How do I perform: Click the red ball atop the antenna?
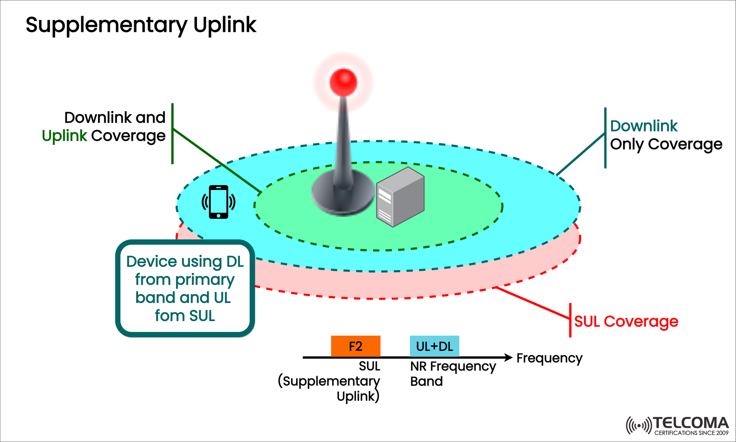pyautogui.click(x=343, y=82)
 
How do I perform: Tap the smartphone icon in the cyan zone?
pyautogui.click(x=219, y=202)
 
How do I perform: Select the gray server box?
pyautogui.click(x=400, y=197)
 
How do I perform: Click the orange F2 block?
pyautogui.click(x=355, y=346)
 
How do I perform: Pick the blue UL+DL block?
pyautogui.click(x=434, y=346)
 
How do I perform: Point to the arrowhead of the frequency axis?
pyautogui.click(x=509, y=357)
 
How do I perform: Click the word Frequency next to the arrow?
pyautogui.click(x=549, y=358)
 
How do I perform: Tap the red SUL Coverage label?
pyautogui.click(x=626, y=322)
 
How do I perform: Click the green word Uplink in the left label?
pyautogui.click(x=64, y=136)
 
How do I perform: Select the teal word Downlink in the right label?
pyautogui.click(x=644, y=126)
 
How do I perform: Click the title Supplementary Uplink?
pyautogui.click(x=141, y=25)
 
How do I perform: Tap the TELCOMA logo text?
pyautogui.click(x=690, y=423)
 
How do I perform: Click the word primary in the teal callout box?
pyautogui.click(x=205, y=280)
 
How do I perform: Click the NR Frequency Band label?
pyautogui.click(x=452, y=373)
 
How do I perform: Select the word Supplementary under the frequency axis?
pyautogui.click(x=331, y=381)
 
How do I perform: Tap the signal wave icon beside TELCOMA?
pyautogui.click(x=638, y=426)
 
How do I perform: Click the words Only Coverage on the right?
pyautogui.click(x=666, y=145)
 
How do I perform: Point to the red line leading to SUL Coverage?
pyautogui.click(x=533, y=303)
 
